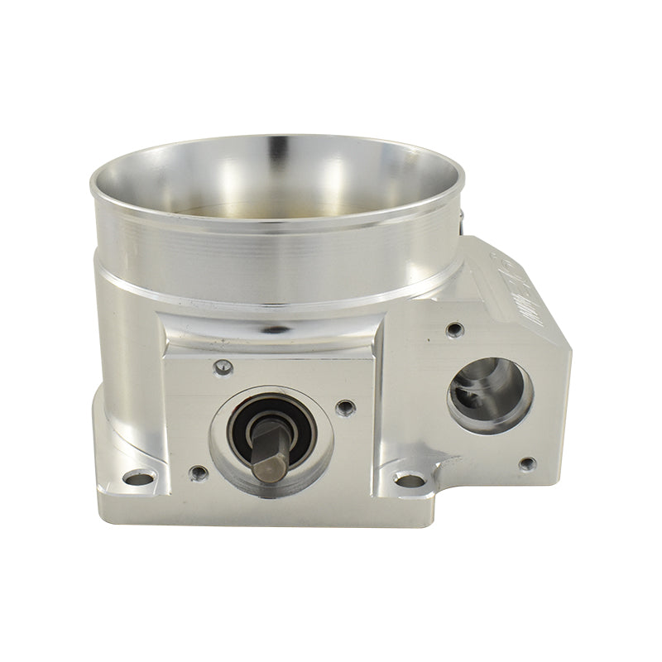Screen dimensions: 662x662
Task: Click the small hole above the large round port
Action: pos(454,330)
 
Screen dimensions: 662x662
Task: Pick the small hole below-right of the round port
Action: pos(527,463)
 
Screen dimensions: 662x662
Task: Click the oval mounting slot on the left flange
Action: pos(138,478)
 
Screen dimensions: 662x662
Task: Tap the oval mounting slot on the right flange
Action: pos(410,479)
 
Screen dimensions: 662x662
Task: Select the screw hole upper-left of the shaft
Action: pos(223,367)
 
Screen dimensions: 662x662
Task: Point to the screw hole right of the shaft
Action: pos(346,407)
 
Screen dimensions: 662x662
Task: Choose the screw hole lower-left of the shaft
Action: pos(198,473)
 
